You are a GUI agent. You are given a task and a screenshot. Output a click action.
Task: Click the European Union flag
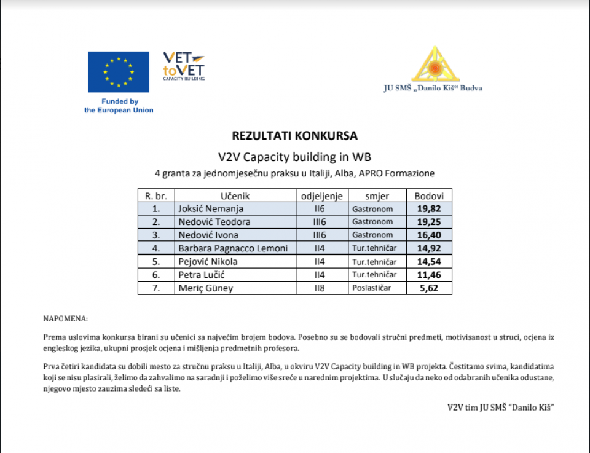click(118, 72)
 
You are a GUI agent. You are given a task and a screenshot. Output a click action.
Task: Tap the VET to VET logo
click(183, 66)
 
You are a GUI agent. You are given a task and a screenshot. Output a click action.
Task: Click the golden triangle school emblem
click(435, 64)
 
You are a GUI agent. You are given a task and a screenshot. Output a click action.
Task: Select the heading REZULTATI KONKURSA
click(294, 135)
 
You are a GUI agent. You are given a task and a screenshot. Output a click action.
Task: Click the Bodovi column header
click(429, 195)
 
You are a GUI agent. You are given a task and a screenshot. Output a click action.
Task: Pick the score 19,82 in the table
click(429, 208)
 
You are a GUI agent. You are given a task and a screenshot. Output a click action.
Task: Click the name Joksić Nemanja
click(202, 208)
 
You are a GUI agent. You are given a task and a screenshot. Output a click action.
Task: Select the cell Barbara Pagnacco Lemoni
click(233, 248)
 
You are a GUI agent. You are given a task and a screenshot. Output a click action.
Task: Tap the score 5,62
click(428, 288)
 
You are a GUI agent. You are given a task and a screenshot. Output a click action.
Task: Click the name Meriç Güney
click(205, 288)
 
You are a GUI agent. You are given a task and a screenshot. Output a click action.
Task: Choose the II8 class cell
click(321, 288)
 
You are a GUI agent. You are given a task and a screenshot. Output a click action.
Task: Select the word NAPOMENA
click(65, 319)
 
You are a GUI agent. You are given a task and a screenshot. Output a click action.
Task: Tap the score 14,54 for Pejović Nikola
click(429, 261)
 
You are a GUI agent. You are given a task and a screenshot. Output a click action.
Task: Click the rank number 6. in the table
click(156, 275)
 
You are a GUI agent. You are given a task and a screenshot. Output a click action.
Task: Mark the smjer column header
click(377, 195)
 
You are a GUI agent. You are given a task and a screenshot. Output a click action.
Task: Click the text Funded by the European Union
click(119, 106)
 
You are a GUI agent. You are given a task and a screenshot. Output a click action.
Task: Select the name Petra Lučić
click(199, 275)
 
